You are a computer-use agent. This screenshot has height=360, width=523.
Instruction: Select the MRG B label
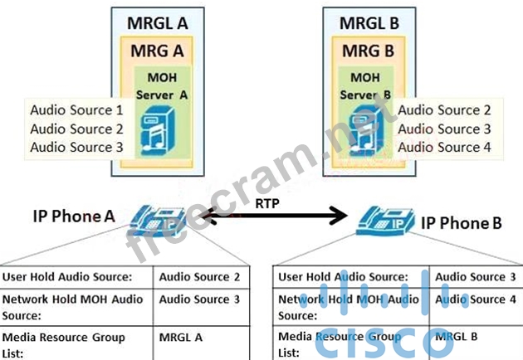coord(370,51)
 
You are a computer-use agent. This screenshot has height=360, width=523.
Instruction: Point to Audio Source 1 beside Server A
coord(76,110)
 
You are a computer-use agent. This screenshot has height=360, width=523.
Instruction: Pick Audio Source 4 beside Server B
coord(444,147)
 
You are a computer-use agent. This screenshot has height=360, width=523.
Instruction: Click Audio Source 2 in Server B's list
coord(444,109)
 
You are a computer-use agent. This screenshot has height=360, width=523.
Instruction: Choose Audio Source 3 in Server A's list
coord(76,147)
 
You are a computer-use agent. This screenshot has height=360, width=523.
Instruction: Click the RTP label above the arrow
coord(267,202)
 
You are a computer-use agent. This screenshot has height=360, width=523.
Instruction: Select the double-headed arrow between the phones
coord(274,218)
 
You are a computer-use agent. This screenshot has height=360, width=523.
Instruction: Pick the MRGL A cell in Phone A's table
coord(182,338)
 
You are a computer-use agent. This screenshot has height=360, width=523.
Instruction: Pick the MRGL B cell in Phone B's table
coord(457,338)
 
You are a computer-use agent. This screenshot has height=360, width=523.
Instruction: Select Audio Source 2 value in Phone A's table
coord(199,277)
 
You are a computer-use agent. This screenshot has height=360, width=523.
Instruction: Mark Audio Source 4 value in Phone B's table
coord(475,299)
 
